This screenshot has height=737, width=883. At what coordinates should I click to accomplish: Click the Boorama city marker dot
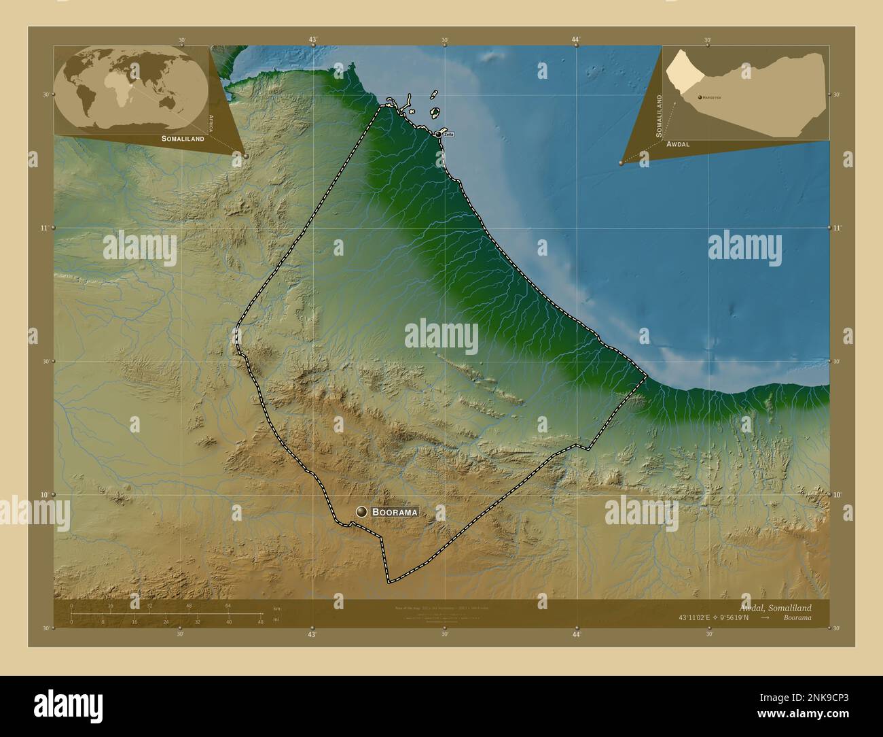[361, 512]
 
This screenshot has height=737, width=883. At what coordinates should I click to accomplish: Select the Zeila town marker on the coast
[438, 134]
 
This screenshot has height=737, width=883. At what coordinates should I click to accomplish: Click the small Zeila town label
[448, 135]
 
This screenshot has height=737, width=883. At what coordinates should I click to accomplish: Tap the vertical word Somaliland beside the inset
[658, 116]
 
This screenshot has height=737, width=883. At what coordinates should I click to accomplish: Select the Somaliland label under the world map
[183, 138]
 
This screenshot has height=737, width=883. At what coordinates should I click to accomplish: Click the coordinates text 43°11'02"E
[696, 618]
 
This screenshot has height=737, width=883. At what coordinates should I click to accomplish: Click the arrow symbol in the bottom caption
[765, 618]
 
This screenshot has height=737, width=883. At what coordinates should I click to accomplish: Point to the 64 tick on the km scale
[229, 606]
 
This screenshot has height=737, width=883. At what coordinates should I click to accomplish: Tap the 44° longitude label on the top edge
[575, 39]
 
